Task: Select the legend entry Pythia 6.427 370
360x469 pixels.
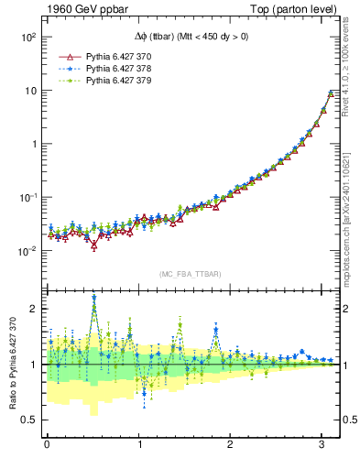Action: (120, 56)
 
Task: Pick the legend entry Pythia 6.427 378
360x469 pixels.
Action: (120, 69)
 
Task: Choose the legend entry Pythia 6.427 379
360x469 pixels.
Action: (120, 82)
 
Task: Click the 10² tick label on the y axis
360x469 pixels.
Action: (28, 38)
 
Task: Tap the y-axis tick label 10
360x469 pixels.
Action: (31, 91)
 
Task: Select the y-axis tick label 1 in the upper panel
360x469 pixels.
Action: (35, 144)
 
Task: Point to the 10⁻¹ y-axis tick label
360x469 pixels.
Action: (27, 197)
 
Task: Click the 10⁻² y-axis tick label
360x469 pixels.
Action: (27, 250)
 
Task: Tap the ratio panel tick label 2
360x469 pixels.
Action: (35, 309)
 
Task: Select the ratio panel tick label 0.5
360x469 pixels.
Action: (30, 420)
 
